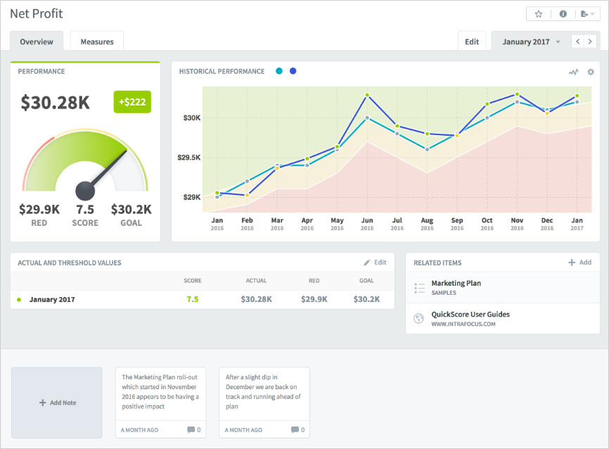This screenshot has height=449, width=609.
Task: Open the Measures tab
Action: click(97, 42)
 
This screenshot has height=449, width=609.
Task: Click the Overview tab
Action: click(37, 42)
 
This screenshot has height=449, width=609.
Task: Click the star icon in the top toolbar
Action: click(539, 14)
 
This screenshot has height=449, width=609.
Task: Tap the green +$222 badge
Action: click(132, 102)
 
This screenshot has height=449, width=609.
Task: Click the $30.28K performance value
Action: click(56, 103)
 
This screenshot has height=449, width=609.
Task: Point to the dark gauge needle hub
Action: click(85, 190)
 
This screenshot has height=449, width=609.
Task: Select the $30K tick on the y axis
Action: click(192, 118)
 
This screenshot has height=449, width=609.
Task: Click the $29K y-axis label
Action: click(192, 197)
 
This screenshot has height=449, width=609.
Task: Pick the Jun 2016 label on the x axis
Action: click(367, 223)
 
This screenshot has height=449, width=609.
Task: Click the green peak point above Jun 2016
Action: click(367, 95)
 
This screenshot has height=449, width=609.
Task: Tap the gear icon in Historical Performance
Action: click(591, 72)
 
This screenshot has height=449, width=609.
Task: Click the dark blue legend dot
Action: click(293, 71)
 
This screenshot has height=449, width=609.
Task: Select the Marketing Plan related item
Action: click(456, 284)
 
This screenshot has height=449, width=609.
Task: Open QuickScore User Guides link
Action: click(470, 315)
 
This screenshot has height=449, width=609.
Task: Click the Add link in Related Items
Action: click(580, 263)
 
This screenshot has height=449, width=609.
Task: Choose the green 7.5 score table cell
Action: click(192, 299)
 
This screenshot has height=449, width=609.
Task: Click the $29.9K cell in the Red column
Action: click(314, 299)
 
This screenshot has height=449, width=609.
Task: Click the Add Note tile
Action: click(57, 403)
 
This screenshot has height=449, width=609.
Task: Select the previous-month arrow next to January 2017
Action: click(578, 42)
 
